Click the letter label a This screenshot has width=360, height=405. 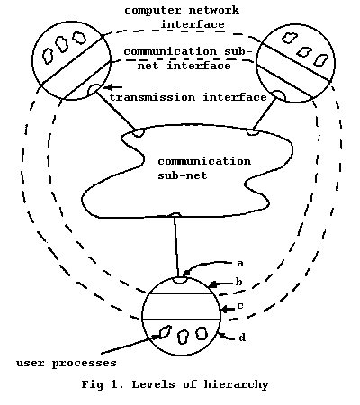coord(240,264)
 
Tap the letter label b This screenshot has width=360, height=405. coord(239,282)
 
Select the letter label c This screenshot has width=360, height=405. coord(240,306)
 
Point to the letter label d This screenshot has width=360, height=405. coord(242,337)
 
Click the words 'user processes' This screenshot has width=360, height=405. coord(67,364)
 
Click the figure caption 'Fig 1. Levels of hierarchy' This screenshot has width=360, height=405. coord(175,385)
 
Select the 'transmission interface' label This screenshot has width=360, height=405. coord(188,97)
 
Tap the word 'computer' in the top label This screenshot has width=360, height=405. coord(153,11)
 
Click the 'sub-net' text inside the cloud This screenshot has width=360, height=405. coord(183,175)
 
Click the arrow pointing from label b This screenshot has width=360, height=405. coord(220,283)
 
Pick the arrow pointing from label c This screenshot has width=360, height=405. coord(228,309)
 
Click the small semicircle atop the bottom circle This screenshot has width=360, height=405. coord(180,280)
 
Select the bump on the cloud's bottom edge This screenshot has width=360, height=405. coord(175,214)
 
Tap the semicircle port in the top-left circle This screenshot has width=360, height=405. coord(94,89)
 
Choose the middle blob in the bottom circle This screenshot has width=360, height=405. coord(183,337)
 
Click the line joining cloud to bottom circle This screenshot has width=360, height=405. coord(176,247)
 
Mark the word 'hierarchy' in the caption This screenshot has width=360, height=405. coord(237,385)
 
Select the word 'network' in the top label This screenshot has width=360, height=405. coord(214,10)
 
